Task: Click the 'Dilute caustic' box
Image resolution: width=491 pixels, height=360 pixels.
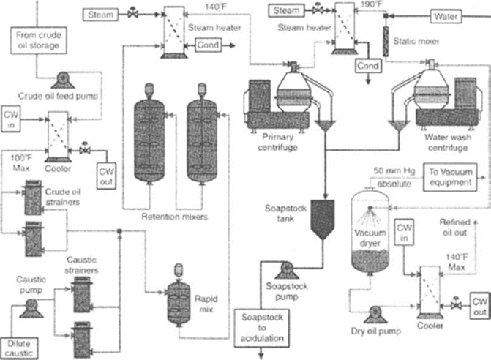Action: [x=20, y=345]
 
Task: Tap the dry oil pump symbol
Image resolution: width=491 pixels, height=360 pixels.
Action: [x=375, y=312]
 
